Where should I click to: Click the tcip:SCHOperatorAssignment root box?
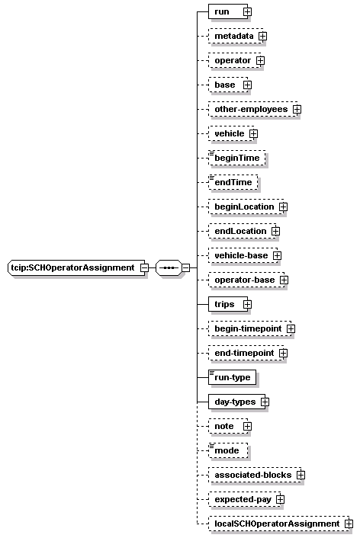point(76,267)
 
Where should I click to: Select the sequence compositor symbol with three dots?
point(169,267)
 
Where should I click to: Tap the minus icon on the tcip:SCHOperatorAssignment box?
point(145,267)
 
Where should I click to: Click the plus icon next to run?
point(247,11)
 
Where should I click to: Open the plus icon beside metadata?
point(263,36)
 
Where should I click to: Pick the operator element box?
point(235,60)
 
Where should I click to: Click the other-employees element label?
point(251,109)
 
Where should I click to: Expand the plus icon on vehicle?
point(253,133)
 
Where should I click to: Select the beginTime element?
point(237,158)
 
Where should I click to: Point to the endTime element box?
point(233,182)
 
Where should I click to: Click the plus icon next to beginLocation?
point(284,207)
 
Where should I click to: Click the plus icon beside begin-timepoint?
point(291,328)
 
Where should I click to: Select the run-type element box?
point(232,377)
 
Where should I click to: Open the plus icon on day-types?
point(265,402)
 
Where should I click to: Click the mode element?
point(228,450)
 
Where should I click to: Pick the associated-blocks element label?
point(252,475)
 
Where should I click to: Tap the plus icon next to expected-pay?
point(281,499)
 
